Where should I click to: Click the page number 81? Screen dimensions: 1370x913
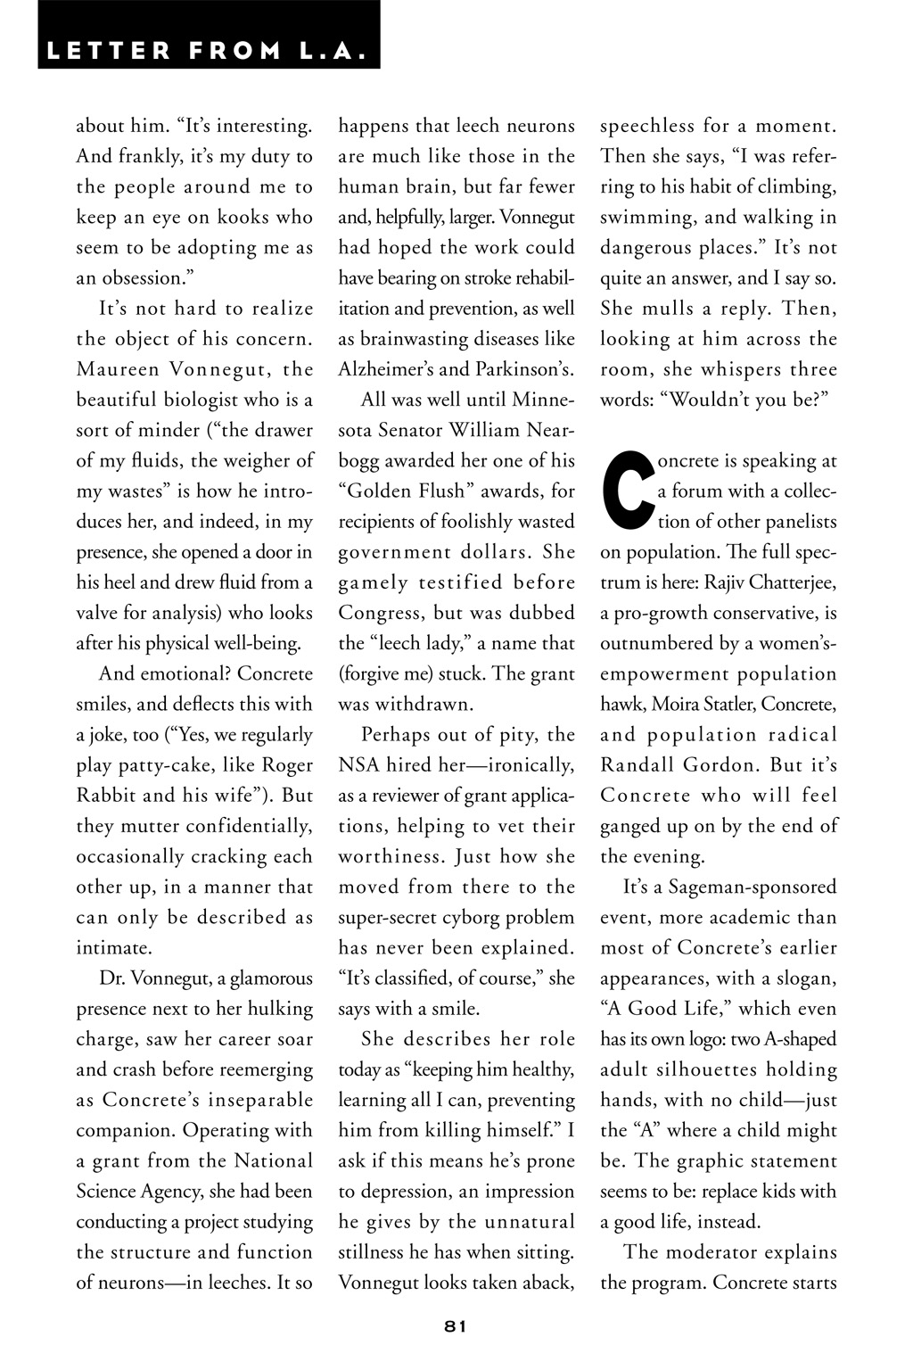point(455,1325)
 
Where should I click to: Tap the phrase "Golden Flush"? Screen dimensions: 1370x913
point(407,491)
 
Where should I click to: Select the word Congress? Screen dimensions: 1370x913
point(382,613)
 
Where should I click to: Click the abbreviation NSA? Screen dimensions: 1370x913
point(358,765)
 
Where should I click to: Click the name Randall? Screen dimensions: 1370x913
point(644,765)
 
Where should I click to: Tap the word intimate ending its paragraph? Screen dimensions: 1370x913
point(114,947)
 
